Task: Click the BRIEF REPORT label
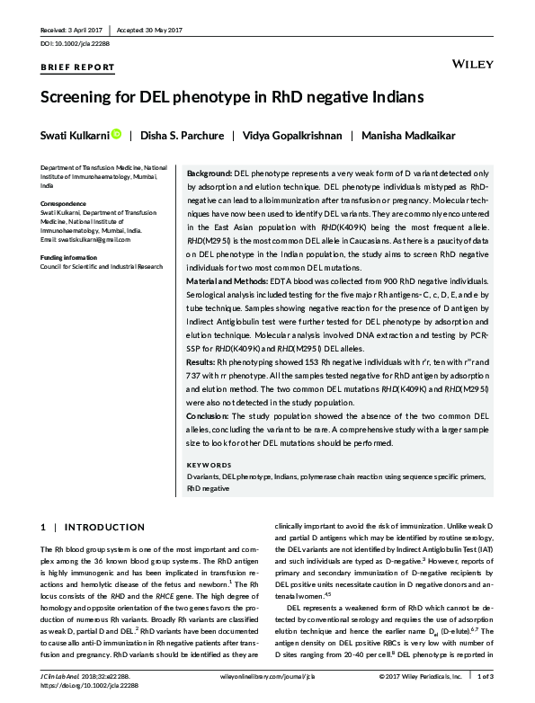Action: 78,67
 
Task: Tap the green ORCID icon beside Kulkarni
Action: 116,135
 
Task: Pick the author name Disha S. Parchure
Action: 178,135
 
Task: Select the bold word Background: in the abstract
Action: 208,171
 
